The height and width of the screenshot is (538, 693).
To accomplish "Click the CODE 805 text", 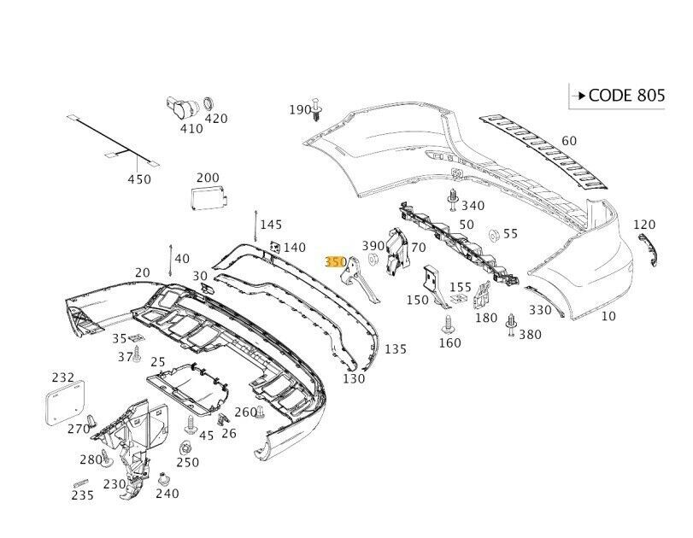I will [x=625, y=96].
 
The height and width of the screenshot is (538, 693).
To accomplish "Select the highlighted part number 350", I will [x=335, y=262].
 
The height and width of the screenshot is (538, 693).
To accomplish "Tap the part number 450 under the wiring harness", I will [x=138, y=179].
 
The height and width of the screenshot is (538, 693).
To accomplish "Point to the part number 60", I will [x=569, y=141].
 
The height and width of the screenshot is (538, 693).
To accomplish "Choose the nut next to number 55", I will [x=493, y=234].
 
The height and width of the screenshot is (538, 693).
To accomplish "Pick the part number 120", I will [x=643, y=225].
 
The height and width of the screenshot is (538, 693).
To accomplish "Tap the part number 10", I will [x=608, y=316].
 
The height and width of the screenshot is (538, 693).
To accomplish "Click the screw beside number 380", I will [x=512, y=323].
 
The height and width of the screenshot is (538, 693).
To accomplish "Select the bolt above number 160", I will [x=447, y=324].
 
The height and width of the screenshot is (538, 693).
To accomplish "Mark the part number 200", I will [x=208, y=178].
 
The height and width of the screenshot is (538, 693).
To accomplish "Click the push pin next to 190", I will [x=318, y=108].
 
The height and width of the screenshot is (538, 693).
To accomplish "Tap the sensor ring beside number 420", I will [x=206, y=105].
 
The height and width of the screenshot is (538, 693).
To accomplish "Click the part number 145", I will [x=270, y=225].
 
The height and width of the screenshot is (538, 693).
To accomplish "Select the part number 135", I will [x=396, y=349].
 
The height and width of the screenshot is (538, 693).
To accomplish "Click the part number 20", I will [x=142, y=272].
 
